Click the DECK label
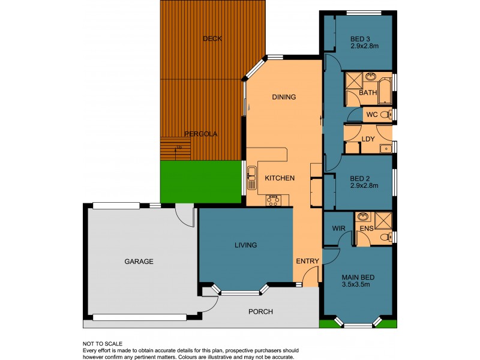click(x=212, y=38)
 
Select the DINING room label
click(x=284, y=97)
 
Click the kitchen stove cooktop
click(x=274, y=200)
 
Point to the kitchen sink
click(x=252, y=175)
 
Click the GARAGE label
click(x=139, y=262)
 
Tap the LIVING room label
click(x=246, y=245)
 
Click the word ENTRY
click(x=307, y=261)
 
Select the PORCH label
click(x=260, y=311)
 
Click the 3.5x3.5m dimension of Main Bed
click(x=358, y=285)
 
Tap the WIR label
click(x=337, y=229)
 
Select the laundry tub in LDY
click(x=386, y=149)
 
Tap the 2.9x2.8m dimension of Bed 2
click(x=364, y=185)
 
